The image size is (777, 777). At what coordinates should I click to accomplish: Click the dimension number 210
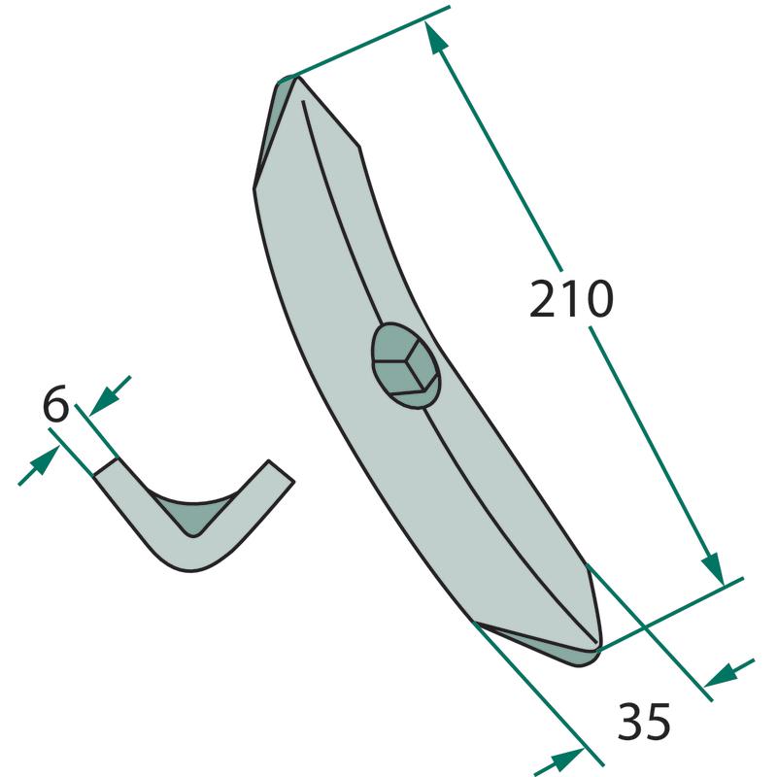pos(571,299)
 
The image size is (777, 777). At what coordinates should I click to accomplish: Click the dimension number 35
pos(644,721)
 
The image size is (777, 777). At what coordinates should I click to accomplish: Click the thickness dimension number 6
pos(55,404)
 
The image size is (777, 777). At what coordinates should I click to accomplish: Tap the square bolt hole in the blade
pos(406,366)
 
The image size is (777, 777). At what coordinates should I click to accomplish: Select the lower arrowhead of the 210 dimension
pos(713,570)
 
